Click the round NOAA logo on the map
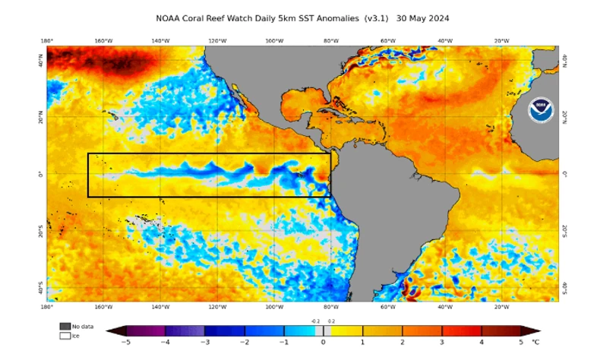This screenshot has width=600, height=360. click(x=540, y=107)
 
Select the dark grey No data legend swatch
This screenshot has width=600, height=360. click(x=65, y=327)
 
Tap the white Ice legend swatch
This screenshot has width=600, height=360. click(x=65, y=335)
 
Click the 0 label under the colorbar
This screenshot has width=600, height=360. click(x=324, y=343)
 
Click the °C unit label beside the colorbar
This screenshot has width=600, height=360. click(x=536, y=343)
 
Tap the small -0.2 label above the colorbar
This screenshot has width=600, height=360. click(x=315, y=322)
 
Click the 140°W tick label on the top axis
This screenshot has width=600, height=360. click(x=160, y=40)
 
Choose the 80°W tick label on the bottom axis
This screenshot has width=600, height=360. click(x=330, y=307)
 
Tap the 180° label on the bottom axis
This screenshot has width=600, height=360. click(x=46, y=307)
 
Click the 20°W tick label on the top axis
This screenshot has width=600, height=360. click(x=501, y=40)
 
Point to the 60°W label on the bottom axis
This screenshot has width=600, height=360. click(x=387, y=307)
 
